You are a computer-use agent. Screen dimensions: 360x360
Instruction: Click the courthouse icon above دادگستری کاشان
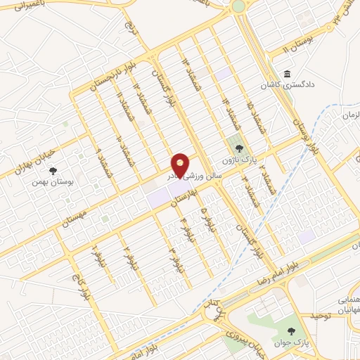click(x=287, y=75)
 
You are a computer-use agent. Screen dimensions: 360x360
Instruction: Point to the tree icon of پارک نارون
click(x=240, y=148)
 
